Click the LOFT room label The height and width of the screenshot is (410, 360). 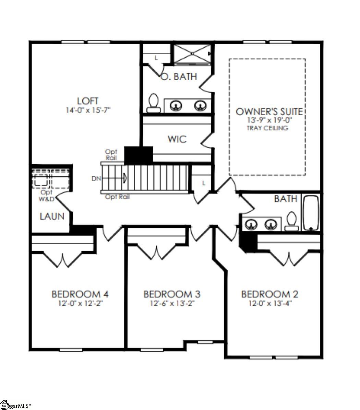[88, 101]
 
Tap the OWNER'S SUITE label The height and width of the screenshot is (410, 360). [269, 112]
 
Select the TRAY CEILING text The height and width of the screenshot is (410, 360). [267, 128]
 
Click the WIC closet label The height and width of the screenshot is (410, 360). [177, 139]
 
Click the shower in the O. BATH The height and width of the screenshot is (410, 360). [192, 54]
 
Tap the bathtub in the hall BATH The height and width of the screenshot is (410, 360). [311, 213]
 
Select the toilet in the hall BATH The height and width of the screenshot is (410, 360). [291, 221]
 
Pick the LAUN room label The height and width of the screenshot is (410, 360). [52, 216]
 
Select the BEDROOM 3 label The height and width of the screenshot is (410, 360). [172, 294]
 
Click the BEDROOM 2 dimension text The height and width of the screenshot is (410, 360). [270, 303]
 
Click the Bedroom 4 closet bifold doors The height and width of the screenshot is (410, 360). [62, 260]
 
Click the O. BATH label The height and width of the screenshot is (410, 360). [179, 77]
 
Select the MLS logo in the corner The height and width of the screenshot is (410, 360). [15, 405]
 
